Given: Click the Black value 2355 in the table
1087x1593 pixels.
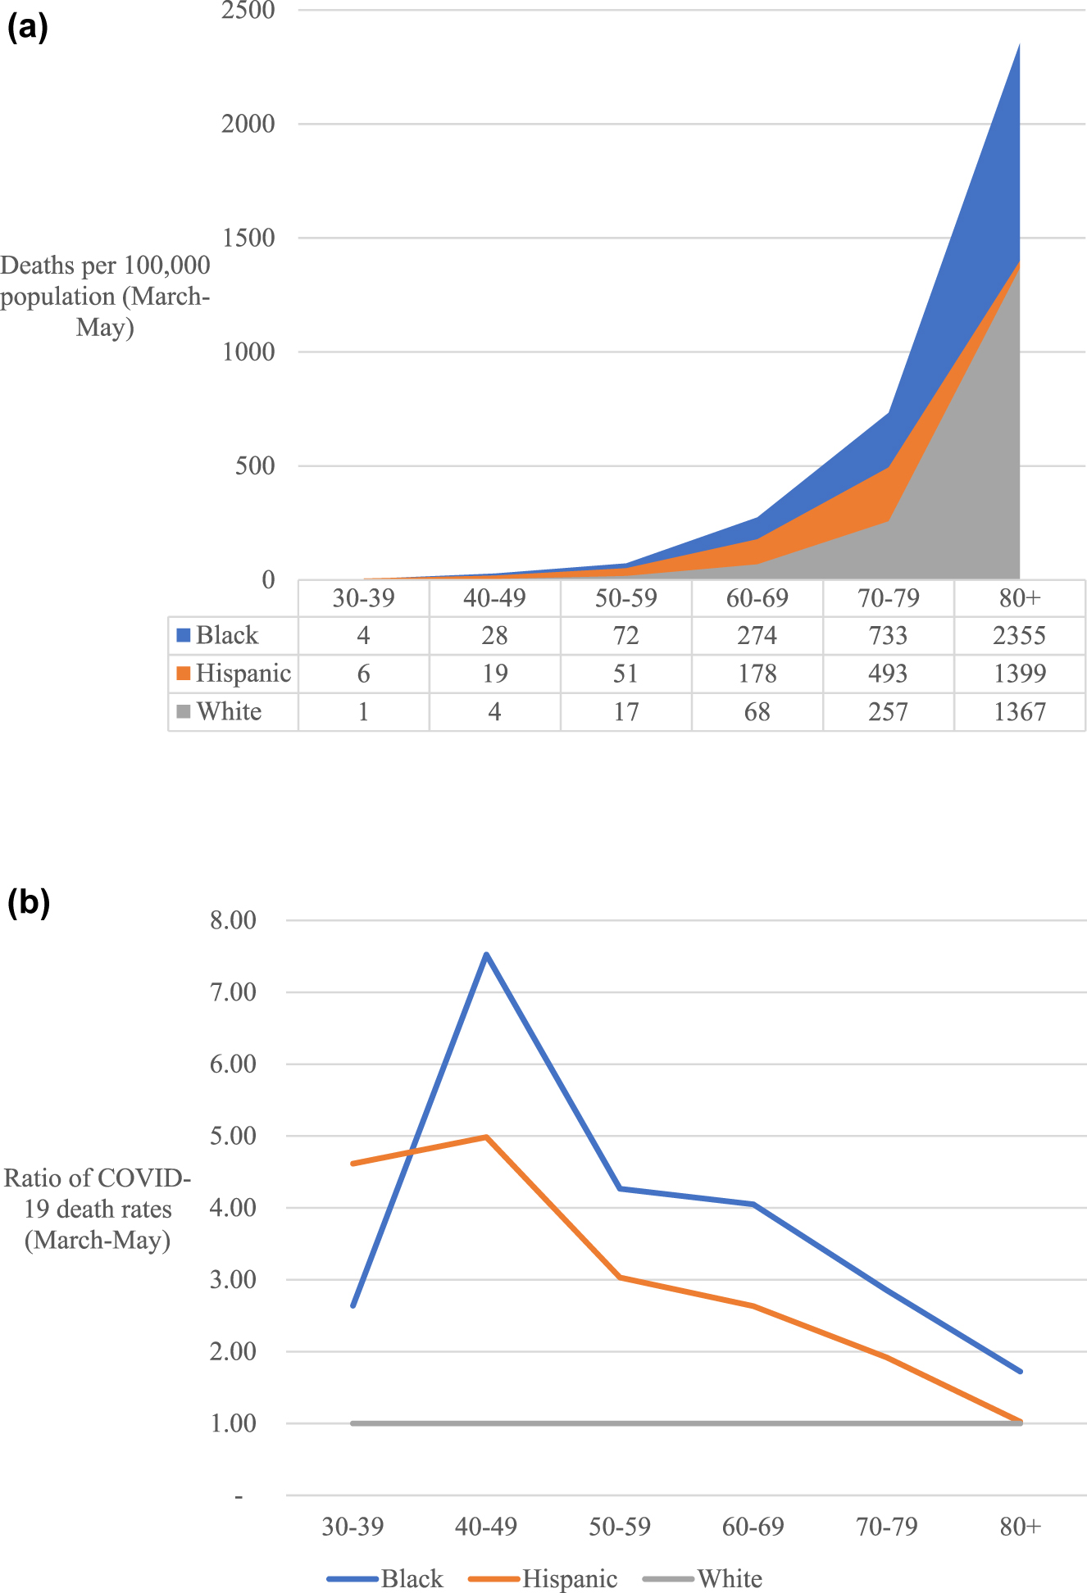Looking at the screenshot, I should point(1019,635).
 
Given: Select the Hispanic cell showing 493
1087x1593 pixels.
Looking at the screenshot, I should point(888,674).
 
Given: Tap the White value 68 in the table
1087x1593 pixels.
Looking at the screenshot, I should point(757,711).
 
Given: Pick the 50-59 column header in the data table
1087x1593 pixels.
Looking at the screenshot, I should point(625,597).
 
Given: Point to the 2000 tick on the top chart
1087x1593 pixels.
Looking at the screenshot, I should point(248,124).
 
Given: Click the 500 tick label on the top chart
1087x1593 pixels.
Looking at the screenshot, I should point(252,465).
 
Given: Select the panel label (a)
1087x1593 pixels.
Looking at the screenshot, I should point(27,28).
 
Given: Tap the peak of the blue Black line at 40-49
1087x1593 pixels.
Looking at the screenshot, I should point(486,955).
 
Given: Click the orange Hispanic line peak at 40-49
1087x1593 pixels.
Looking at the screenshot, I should point(486,1137).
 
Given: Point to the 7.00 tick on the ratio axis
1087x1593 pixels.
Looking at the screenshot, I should point(233,992).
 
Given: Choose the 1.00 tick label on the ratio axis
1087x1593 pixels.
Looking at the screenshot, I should point(233,1423).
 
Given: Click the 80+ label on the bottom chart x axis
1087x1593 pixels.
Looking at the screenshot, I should point(1020,1527).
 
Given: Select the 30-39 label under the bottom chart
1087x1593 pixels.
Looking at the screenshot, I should point(352,1527).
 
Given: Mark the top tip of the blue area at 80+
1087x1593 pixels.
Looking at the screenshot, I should point(1019,44).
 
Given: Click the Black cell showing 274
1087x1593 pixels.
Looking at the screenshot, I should point(757,635).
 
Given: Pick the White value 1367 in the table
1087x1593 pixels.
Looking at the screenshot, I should point(1019,711).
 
